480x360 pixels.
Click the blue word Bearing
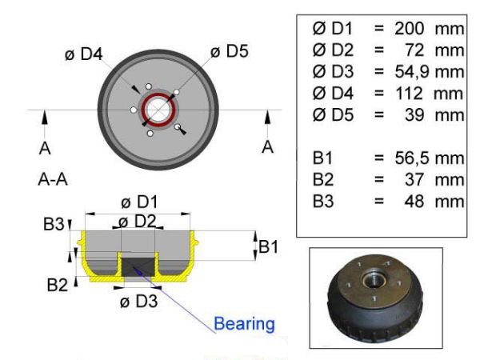click(244, 324)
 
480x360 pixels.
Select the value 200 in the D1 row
click(410, 29)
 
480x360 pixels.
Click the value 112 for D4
click(410, 94)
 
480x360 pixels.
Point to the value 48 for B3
click(414, 202)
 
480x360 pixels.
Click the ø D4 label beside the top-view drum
click(83, 54)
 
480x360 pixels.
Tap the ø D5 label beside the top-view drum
click(230, 51)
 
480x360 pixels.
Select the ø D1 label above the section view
click(139, 202)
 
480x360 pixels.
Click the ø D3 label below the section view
click(139, 302)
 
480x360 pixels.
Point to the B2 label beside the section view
click(58, 285)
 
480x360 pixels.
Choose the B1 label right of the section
click(269, 246)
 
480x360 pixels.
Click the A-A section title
click(53, 179)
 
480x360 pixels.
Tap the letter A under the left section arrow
click(45, 149)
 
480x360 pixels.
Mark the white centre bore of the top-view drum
click(158, 110)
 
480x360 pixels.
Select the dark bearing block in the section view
click(138, 267)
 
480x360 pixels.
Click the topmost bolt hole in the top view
click(149, 86)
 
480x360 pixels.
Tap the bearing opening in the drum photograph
click(372, 279)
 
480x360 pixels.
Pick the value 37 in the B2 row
click(414, 180)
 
